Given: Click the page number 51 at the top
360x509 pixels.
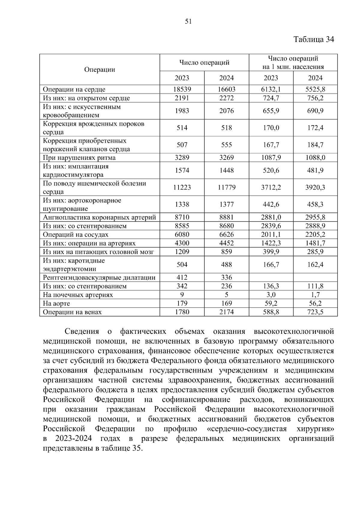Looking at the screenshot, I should coord(188,21).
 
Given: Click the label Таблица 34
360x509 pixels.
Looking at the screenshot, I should coord(313,40).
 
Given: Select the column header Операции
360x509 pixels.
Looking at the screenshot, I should coord(100,70).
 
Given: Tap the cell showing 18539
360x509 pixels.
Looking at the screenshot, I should coord(182,89).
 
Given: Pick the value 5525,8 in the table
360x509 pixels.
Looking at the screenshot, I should coord(315,89).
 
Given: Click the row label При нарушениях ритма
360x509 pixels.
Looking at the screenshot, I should coord(79,158).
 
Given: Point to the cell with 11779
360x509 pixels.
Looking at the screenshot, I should coord(226,187).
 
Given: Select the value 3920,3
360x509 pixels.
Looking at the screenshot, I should coord(315,187).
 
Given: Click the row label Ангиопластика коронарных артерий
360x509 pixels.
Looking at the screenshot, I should coord(99,217).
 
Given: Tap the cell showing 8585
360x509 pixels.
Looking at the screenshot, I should coord(182,226).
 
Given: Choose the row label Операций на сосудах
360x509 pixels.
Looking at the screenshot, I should coord(76,235).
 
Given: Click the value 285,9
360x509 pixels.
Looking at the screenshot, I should coord(315,252).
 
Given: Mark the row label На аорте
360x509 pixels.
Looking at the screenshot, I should coord(56,304).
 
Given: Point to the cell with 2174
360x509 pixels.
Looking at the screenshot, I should coord(226,312).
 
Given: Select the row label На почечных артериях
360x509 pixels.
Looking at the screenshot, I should coord(78,295).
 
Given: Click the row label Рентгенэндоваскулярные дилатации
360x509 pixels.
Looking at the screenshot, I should coord(99,278).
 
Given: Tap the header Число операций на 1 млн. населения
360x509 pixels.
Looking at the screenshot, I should coord(293,63).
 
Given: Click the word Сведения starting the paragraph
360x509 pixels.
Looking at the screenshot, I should coord(82,332).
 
